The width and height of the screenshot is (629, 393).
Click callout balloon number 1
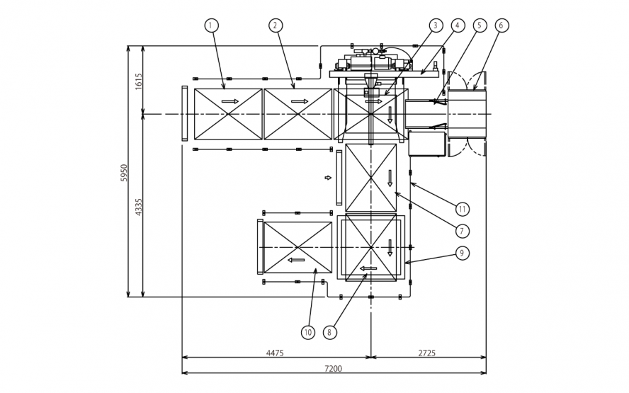tap(210, 25)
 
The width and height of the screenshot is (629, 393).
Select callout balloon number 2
tap(275, 25)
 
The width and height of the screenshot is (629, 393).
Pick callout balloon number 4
tap(458, 25)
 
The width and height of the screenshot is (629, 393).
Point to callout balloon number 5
tap(480, 25)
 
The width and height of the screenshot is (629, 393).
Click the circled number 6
tap(501, 25)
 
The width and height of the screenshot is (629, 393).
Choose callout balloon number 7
tap(462, 230)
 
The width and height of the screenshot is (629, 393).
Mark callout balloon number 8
tap(329, 331)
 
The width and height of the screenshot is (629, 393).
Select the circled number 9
tap(462, 252)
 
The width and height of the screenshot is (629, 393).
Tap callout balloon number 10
tap(307, 331)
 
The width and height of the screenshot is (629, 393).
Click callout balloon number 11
tap(462, 209)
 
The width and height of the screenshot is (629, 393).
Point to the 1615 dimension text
tap(139, 81)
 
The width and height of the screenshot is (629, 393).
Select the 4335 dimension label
tap(139, 207)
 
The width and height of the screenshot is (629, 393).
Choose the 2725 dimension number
tap(427, 353)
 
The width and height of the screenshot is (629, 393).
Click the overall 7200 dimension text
tap(333, 368)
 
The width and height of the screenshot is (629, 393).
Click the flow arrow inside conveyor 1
tap(229, 101)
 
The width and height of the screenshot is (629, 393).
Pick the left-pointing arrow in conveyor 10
tap(297, 260)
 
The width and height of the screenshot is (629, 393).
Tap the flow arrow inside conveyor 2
tap(300, 101)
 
